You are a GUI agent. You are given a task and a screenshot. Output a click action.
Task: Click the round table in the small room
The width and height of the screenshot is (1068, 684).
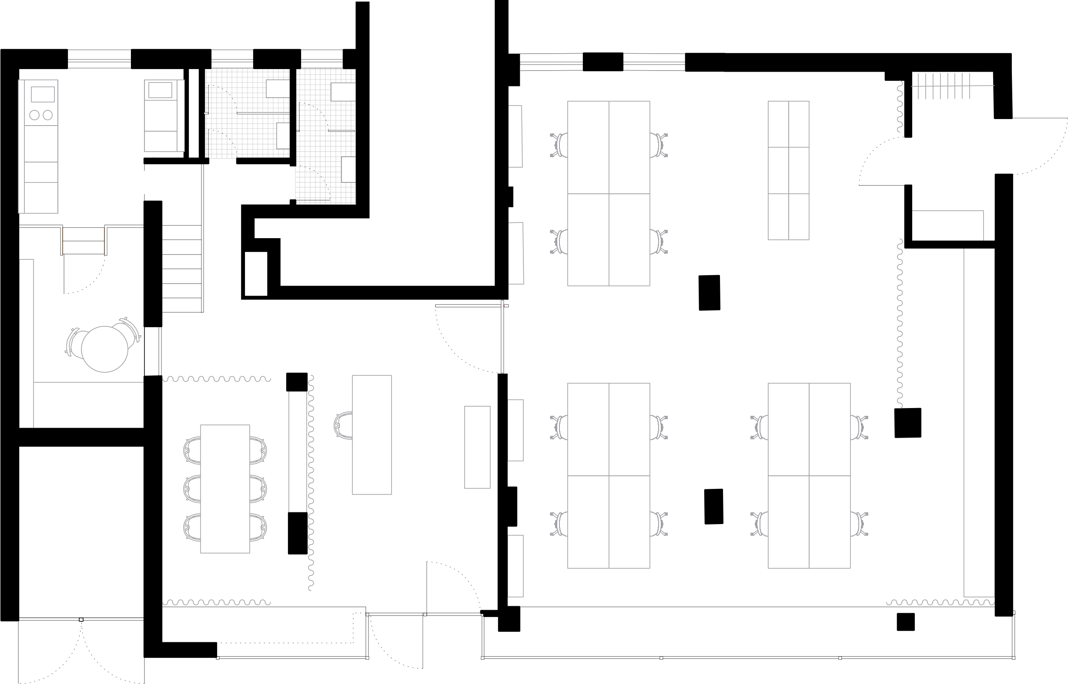(104, 349)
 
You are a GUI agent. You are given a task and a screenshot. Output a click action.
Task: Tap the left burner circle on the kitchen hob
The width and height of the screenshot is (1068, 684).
(34, 115)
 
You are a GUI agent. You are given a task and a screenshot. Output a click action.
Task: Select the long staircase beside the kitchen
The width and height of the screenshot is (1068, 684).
(182, 268)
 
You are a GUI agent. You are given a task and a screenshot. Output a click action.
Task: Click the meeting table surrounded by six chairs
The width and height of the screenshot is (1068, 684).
(225, 488)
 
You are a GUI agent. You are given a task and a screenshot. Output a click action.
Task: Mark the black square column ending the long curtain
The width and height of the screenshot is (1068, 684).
(907, 423)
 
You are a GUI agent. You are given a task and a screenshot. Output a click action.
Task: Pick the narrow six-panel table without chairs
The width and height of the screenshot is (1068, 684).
(788, 170)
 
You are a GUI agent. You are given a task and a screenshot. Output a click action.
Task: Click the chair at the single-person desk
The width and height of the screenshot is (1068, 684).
(343, 425)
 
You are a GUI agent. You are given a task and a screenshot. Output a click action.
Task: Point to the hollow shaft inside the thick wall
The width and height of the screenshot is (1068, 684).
(256, 274)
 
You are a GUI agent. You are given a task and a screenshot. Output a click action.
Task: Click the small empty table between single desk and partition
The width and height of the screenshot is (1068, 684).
(477, 447)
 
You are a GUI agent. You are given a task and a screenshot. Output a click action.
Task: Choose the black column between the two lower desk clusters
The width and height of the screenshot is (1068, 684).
(713, 507)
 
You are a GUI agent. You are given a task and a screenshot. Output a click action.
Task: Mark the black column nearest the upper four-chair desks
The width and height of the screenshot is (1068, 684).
(709, 293)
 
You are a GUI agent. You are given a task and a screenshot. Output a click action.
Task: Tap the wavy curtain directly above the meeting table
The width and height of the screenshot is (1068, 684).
(217, 379)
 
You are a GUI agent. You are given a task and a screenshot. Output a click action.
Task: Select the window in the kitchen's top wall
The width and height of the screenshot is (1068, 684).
(99, 59)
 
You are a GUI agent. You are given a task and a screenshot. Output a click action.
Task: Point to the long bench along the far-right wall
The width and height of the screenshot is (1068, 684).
(979, 422)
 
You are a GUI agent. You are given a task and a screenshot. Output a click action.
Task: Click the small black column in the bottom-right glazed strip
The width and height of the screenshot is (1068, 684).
(905, 622)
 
